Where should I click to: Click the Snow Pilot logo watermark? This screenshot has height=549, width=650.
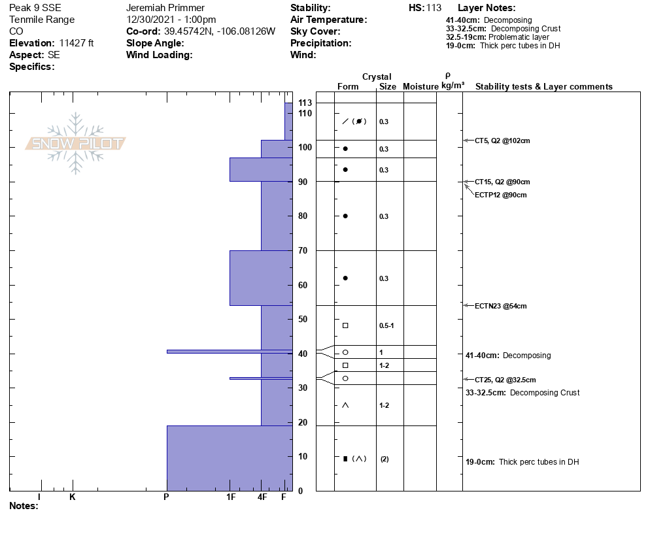[x=76, y=143]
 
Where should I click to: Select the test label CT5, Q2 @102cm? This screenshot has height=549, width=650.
[x=502, y=141]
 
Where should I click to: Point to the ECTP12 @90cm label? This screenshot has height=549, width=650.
[x=500, y=195]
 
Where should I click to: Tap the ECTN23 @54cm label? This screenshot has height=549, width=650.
[x=500, y=306]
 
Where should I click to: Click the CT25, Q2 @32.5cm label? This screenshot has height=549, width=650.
[x=505, y=380]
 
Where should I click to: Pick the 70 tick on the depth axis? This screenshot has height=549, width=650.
[x=303, y=250]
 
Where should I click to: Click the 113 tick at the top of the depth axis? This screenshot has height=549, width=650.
[x=304, y=103]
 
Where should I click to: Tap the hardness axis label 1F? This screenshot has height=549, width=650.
[x=230, y=497]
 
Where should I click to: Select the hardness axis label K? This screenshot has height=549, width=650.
[x=73, y=497]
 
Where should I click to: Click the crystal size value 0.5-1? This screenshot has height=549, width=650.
[x=386, y=325]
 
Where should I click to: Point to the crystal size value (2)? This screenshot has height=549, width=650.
[x=385, y=459]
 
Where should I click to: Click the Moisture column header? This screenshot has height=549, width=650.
[x=420, y=87]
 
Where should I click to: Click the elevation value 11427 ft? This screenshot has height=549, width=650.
[x=77, y=43]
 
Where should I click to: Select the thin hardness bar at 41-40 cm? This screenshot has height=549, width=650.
[x=229, y=352]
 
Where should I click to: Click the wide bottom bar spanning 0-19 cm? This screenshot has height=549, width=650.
[x=229, y=457]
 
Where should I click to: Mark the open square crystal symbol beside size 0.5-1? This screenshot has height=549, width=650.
[x=345, y=325]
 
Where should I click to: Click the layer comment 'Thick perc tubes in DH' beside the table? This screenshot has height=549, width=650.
[x=539, y=462]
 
